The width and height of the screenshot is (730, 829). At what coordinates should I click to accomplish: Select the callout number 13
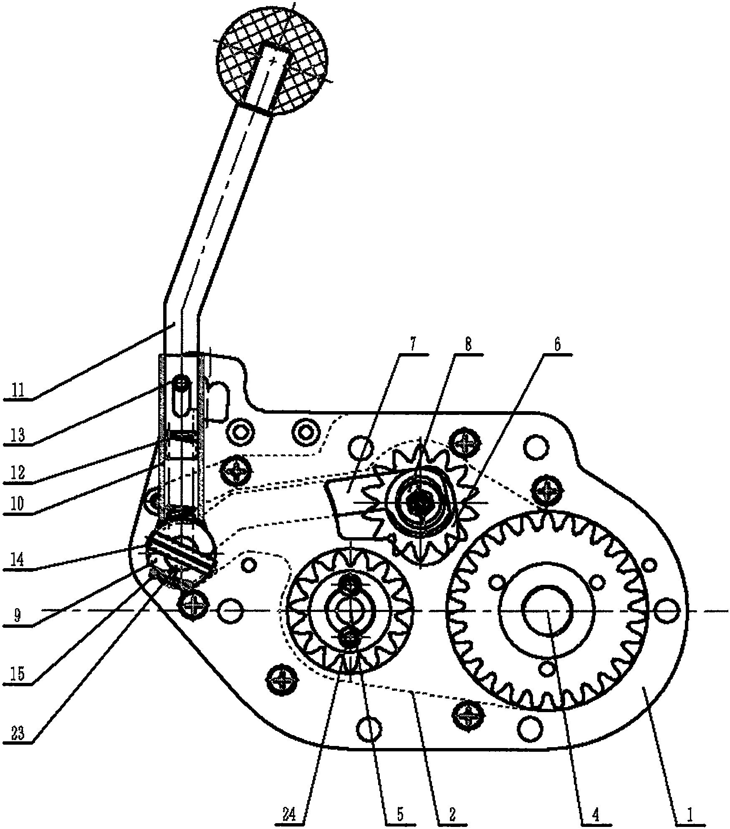coord(18,436)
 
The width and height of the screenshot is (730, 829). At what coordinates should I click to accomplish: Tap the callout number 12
coord(18,473)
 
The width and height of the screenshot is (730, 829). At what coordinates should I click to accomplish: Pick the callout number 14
coord(18,559)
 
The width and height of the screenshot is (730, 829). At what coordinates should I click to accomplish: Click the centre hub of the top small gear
coord(421,503)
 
